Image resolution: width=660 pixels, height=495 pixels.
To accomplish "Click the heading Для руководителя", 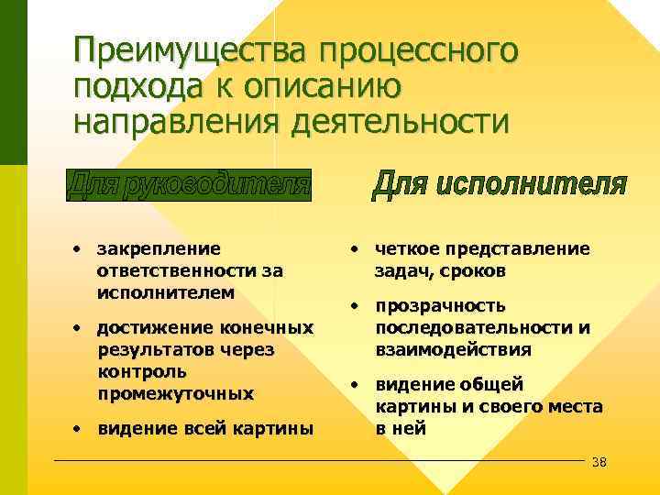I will pos(190,185).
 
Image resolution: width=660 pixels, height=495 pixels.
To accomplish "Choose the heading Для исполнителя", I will pos(500,185).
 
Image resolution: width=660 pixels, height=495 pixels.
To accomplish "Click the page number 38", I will pos(599,461).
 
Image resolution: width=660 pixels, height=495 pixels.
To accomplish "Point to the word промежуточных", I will pos(174,393).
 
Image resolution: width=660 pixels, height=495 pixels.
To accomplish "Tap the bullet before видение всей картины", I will pos(81,428).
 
